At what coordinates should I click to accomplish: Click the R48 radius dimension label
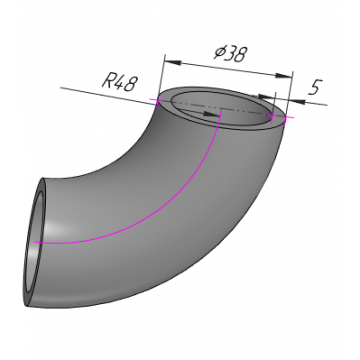[x=119, y=82]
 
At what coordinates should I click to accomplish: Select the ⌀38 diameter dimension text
[x=231, y=53]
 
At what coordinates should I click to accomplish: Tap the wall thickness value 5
[x=314, y=87]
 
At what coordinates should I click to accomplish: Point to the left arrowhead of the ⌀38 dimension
[x=173, y=62]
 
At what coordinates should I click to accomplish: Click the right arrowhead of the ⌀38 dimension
[x=284, y=76]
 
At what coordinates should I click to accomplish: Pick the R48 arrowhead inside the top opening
[x=212, y=114]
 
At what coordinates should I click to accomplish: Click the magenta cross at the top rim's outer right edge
[x=288, y=117]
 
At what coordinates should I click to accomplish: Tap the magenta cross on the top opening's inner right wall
[x=273, y=117]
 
